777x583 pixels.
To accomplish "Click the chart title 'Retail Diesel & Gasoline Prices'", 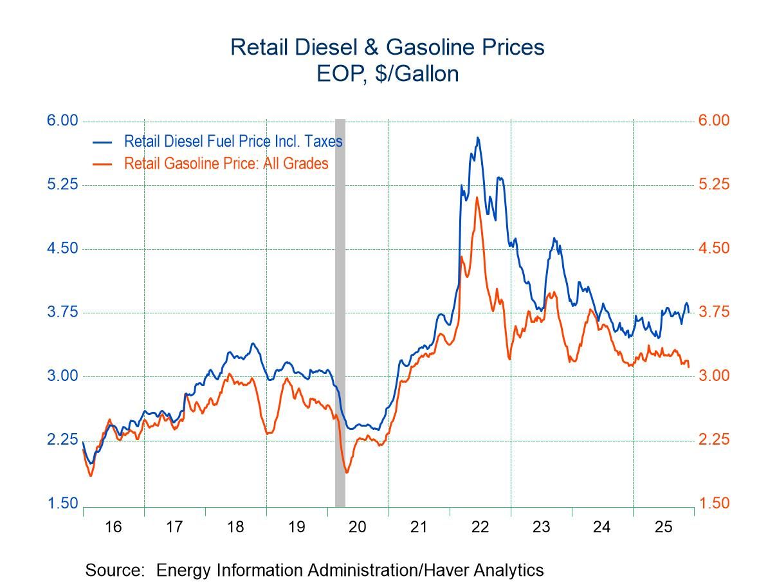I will pos(387,48).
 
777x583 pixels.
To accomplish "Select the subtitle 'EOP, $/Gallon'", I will pos(387,74).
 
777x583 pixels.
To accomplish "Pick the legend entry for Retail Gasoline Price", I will pos(226,163).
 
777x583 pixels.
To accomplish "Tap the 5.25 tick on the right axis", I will pos(715,185).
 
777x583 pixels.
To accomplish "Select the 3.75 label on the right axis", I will pos(715,312).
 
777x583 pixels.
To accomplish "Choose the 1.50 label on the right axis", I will pos(715,503).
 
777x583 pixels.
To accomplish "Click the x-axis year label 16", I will pos(113,527).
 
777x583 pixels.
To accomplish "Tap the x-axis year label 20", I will pos(358,527).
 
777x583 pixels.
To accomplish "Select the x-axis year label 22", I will pos(480,527).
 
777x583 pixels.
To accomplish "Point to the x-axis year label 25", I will pos(663,527).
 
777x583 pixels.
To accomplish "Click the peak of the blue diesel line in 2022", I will pos(477,137).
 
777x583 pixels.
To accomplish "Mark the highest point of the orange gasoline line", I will pos(477,197).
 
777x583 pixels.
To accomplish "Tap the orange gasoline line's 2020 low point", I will pos(347,472).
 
